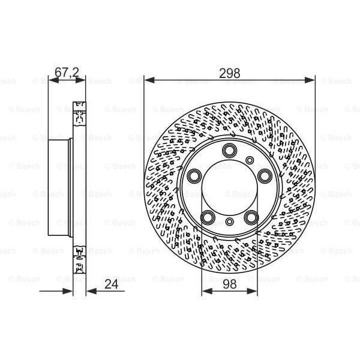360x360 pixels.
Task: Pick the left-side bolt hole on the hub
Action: coord(193,176)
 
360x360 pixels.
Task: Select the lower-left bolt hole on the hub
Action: coord(208,217)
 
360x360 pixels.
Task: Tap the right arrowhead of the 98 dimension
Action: coord(255,291)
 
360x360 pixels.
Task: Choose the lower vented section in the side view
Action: coord(79,257)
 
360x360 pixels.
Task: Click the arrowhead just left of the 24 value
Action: coord(89,291)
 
